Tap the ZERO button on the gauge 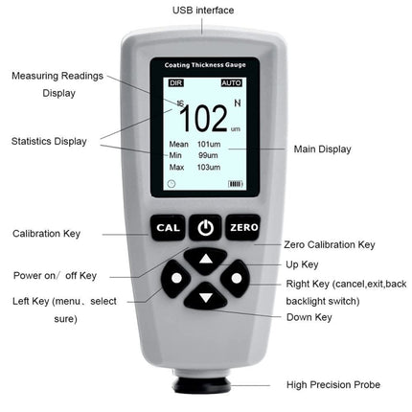pos(243,228)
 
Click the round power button pos(205,228)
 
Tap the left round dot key pos(175,280)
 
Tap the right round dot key pos(236,280)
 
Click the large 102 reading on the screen pos(203,119)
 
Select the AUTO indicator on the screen pos(231,83)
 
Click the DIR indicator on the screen pos(175,83)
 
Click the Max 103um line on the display pos(195,167)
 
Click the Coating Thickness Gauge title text pos(205,65)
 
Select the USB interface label pos(203,11)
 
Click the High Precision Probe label pos(333,385)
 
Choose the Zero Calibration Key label pos(329,245)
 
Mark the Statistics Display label pos(49,141)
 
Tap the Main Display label pos(322,149)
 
